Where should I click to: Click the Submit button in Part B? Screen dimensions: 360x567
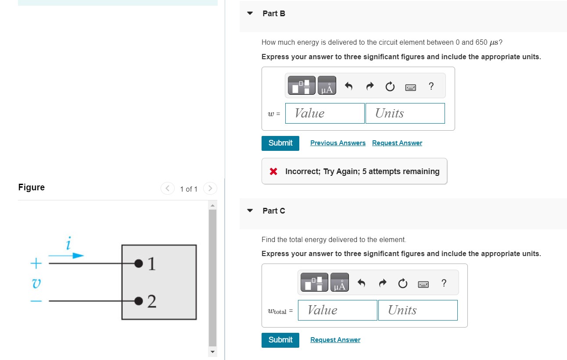tap(280, 143)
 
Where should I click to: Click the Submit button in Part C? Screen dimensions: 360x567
tap(280, 340)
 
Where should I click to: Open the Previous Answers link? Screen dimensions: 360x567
tap(337, 143)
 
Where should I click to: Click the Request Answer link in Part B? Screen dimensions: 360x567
tap(397, 143)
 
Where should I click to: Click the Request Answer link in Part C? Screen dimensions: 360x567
tap(335, 340)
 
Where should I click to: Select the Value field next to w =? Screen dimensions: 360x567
tap(324, 113)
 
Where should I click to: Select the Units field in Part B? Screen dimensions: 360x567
tap(405, 113)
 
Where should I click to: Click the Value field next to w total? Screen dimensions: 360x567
tap(337, 310)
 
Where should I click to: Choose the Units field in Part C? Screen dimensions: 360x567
tap(417, 310)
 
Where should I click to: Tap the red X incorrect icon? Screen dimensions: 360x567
tap(273, 171)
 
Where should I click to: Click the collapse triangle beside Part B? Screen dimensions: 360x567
tap(250, 14)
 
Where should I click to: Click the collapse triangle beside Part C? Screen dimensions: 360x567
tap(250, 210)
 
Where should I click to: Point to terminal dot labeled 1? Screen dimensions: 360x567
tap(139, 264)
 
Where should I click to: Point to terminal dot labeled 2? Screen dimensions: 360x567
tap(139, 301)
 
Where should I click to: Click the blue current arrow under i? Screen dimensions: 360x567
tap(66, 256)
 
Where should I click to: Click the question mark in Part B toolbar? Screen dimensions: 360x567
tap(431, 86)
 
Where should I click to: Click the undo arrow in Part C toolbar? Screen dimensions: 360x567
tap(361, 284)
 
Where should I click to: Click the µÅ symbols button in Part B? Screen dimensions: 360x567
tap(327, 86)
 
